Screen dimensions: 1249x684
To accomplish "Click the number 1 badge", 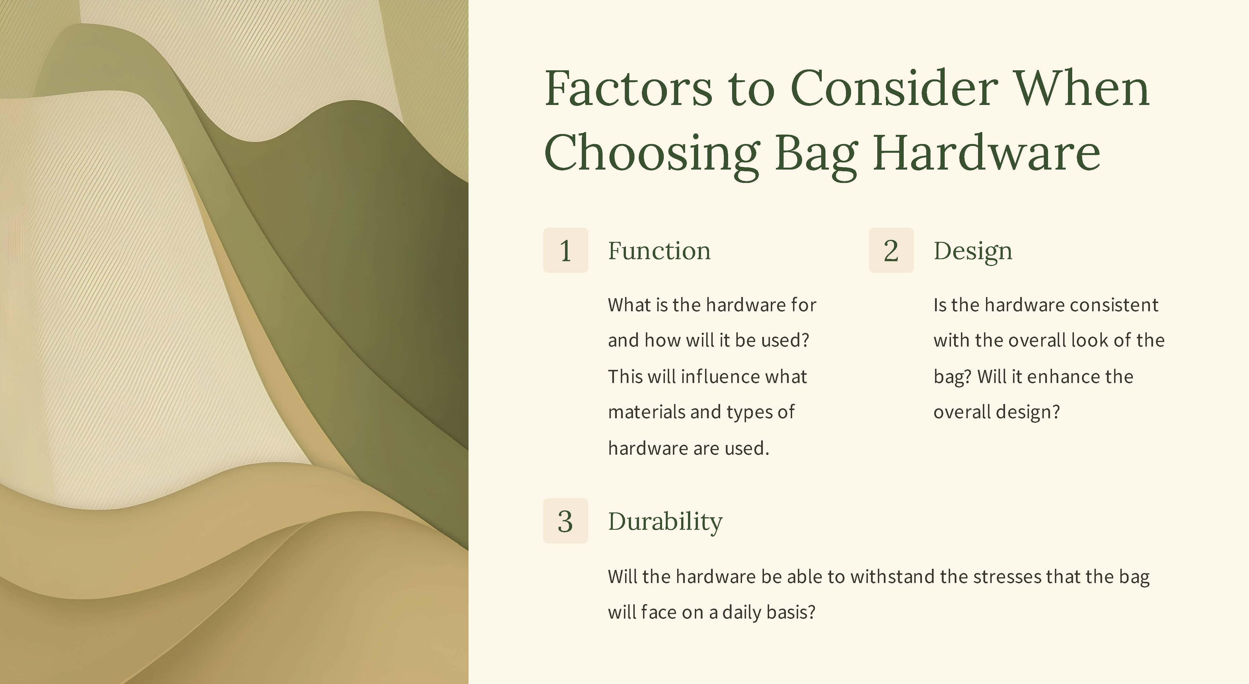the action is pos(565,250).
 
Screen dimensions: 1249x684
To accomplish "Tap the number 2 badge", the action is pos(891,250).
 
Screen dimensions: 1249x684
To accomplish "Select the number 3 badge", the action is pos(565,521).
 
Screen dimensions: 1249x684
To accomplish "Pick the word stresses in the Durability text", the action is pos(991,577).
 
